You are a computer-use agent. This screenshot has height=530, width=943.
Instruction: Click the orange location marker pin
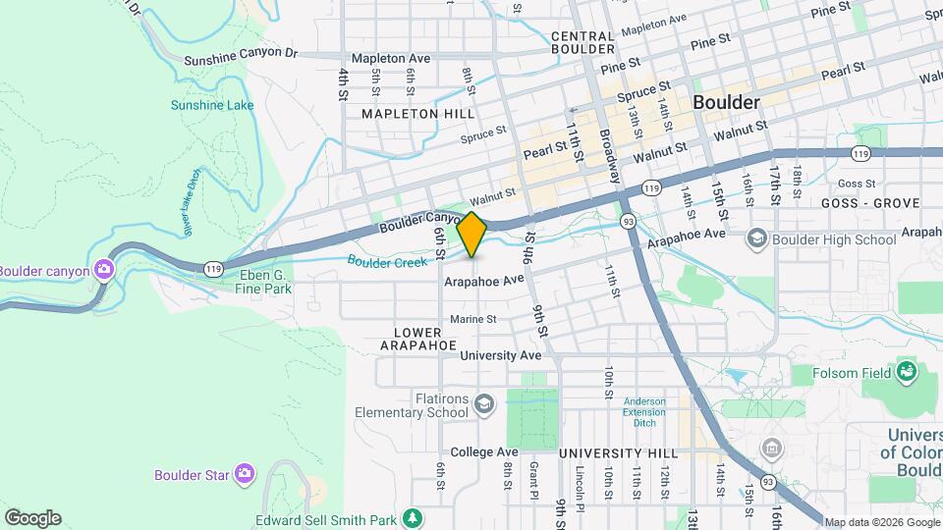472,235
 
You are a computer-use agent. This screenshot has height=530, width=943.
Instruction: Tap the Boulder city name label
726,103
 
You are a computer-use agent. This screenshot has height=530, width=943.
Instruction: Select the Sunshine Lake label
212,105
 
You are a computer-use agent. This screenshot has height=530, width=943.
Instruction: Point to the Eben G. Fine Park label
265,282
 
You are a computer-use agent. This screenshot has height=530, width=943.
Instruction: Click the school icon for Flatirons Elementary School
483,403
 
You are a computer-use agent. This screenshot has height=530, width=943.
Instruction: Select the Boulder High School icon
756,238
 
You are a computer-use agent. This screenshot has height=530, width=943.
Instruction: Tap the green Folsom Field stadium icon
906,372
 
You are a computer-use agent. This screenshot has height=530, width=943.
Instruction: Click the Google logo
32,518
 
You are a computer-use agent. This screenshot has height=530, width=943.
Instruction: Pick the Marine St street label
473,319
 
